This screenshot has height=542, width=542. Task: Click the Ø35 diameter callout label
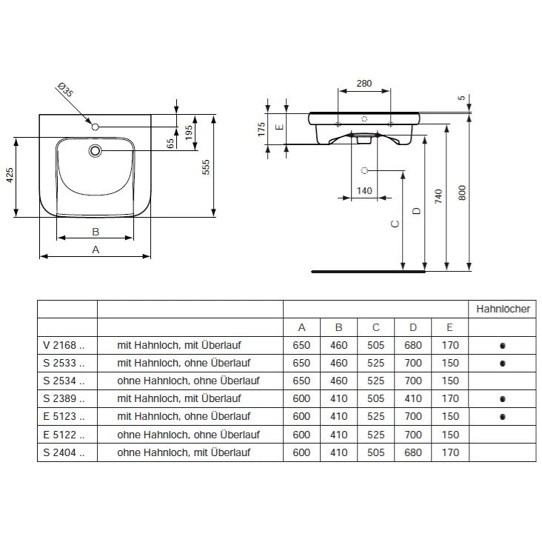66,90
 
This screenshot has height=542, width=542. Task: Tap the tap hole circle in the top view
95,127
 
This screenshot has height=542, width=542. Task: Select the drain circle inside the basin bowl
95,151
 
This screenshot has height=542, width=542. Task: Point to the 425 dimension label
10,175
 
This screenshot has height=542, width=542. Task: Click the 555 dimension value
206,167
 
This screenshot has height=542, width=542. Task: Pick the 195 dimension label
189,133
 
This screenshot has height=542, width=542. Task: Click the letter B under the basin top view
96,232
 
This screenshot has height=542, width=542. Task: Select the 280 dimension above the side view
364,84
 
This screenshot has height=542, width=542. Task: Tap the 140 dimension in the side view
364,190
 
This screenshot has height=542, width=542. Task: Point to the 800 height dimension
462,193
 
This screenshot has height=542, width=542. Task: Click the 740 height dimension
438,196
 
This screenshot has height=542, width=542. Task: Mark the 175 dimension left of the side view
261,129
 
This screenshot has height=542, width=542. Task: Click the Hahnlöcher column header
503,309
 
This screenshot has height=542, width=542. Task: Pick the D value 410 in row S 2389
413,398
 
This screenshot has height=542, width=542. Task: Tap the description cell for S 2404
184,452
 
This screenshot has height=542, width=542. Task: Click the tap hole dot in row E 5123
503,417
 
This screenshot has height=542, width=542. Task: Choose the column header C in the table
375,327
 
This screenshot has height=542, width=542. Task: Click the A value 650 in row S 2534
301,381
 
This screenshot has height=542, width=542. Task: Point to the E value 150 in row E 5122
450,435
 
